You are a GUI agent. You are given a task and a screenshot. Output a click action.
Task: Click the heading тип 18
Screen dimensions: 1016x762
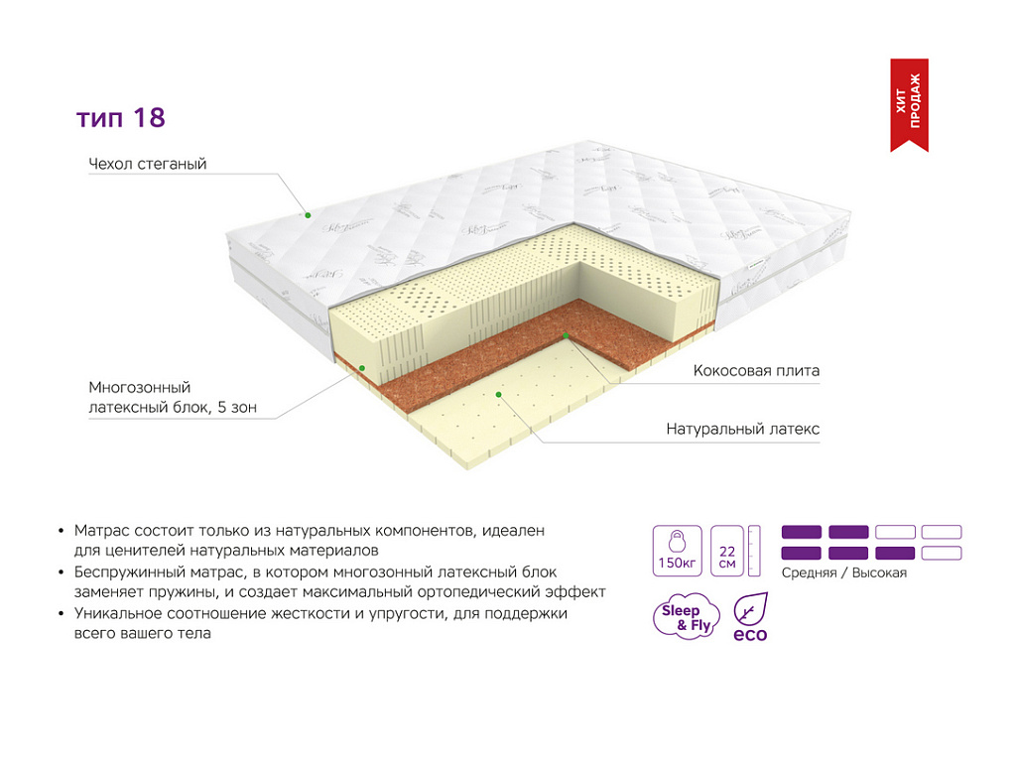[x=121, y=118]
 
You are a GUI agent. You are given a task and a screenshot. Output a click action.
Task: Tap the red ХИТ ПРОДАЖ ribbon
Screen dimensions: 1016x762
[x=909, y=103]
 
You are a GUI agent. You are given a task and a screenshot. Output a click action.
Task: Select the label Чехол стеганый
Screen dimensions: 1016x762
[x=148, y=164]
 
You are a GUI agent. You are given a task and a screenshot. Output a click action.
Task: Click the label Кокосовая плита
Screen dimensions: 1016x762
[x=756, y=371]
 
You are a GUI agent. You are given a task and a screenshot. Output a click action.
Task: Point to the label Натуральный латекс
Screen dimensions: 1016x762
[x=742, y=429]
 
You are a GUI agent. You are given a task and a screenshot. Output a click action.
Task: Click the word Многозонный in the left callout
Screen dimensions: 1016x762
[x=140, y=388]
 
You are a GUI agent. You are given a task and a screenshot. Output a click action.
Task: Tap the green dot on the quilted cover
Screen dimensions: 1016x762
[x=309, y=215]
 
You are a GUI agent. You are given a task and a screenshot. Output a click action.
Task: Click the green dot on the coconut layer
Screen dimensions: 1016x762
[x=566, y=335]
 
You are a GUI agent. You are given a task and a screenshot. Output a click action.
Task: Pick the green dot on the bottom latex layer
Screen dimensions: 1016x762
[x=498, y=395]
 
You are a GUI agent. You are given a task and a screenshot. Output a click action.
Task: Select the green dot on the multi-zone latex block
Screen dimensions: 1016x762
[x=362, y=368]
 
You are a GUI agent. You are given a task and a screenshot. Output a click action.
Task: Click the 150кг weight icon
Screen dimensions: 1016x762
[x=677, y=551]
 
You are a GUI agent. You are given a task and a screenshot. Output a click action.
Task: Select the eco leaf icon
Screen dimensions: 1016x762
[x=750, y=617]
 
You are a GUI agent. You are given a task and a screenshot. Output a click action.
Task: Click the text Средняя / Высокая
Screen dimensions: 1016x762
[x=843, y=572]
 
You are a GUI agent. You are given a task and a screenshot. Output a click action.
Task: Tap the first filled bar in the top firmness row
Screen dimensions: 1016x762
[x=802, y=532]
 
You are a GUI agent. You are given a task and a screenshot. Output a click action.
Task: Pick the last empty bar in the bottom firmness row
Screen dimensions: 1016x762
[x=942, y=554]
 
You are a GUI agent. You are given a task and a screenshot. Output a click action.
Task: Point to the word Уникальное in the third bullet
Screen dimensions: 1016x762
[x=119, y=613]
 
